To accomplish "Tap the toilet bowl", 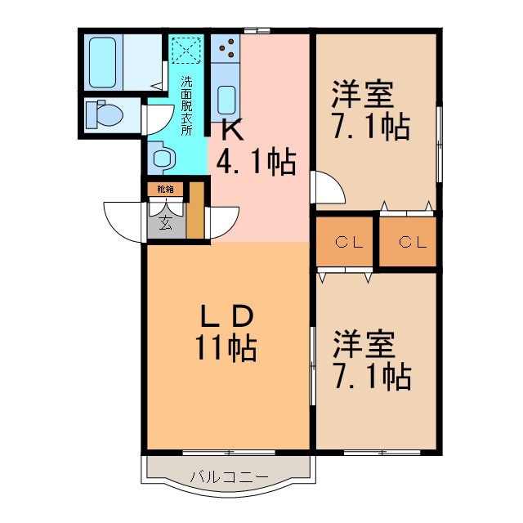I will [x=103, y=114].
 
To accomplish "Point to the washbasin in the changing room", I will [x=163, y=156].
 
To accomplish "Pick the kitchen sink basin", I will [x=226, y=101].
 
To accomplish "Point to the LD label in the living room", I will [x=230, y=316].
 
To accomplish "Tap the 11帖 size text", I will [x=225, y=349].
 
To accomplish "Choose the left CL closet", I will [x=346, y=242].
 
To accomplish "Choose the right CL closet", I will [x=408, y=242].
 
